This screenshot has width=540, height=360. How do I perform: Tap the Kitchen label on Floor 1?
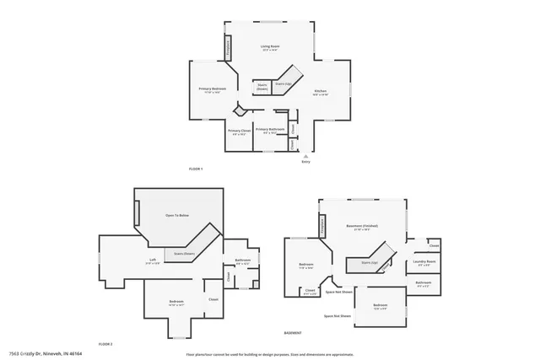click(x=321, y=92)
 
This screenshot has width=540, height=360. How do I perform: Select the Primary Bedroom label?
click(x=212, y=89)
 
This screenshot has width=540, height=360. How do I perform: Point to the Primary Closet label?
click(x=239, y=131)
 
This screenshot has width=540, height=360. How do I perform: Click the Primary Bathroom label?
click(x=269, y=129)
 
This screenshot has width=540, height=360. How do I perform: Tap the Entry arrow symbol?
click(x=305, y=156)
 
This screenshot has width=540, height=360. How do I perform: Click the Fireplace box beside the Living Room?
click(x=227, y=49)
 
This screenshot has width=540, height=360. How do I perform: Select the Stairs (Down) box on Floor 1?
click(x=262, y=87)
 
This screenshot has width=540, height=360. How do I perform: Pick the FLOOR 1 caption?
click(x=196, y=169)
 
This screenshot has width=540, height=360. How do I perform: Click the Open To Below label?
click(x=176, y=216)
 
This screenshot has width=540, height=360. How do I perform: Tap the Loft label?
click(x=153, y=260)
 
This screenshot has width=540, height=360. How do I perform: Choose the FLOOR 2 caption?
click(x=105, y=344)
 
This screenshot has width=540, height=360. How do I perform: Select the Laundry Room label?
click(x=424, y=262)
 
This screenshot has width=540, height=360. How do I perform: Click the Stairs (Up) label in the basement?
click(x=370, y=262)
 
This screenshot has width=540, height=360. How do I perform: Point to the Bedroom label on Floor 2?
click(x=176, y=301)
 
